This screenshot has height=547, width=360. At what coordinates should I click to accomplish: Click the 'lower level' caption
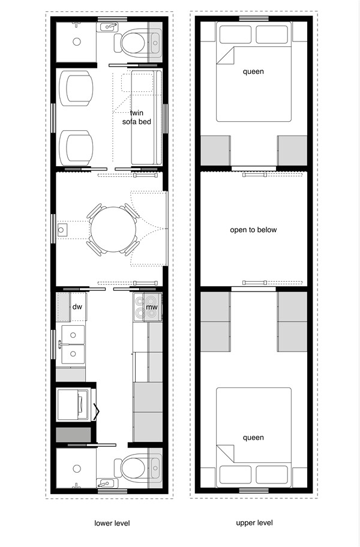point(112,523)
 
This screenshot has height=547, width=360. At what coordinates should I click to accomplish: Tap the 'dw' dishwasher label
point(77,306)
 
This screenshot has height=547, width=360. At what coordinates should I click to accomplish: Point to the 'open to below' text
point(253,230)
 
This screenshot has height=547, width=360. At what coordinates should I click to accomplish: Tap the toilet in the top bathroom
point(132,42)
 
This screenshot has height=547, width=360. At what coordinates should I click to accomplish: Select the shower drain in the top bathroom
point(77,42)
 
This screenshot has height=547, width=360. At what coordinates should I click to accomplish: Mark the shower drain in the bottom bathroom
point(77,468)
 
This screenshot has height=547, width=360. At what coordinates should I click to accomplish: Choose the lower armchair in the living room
point(79,146)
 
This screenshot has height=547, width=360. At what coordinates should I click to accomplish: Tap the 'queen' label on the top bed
point(253,72)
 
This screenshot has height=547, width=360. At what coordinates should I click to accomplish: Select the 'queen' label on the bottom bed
point(253,437)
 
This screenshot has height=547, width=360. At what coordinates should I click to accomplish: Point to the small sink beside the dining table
point(62,230)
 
